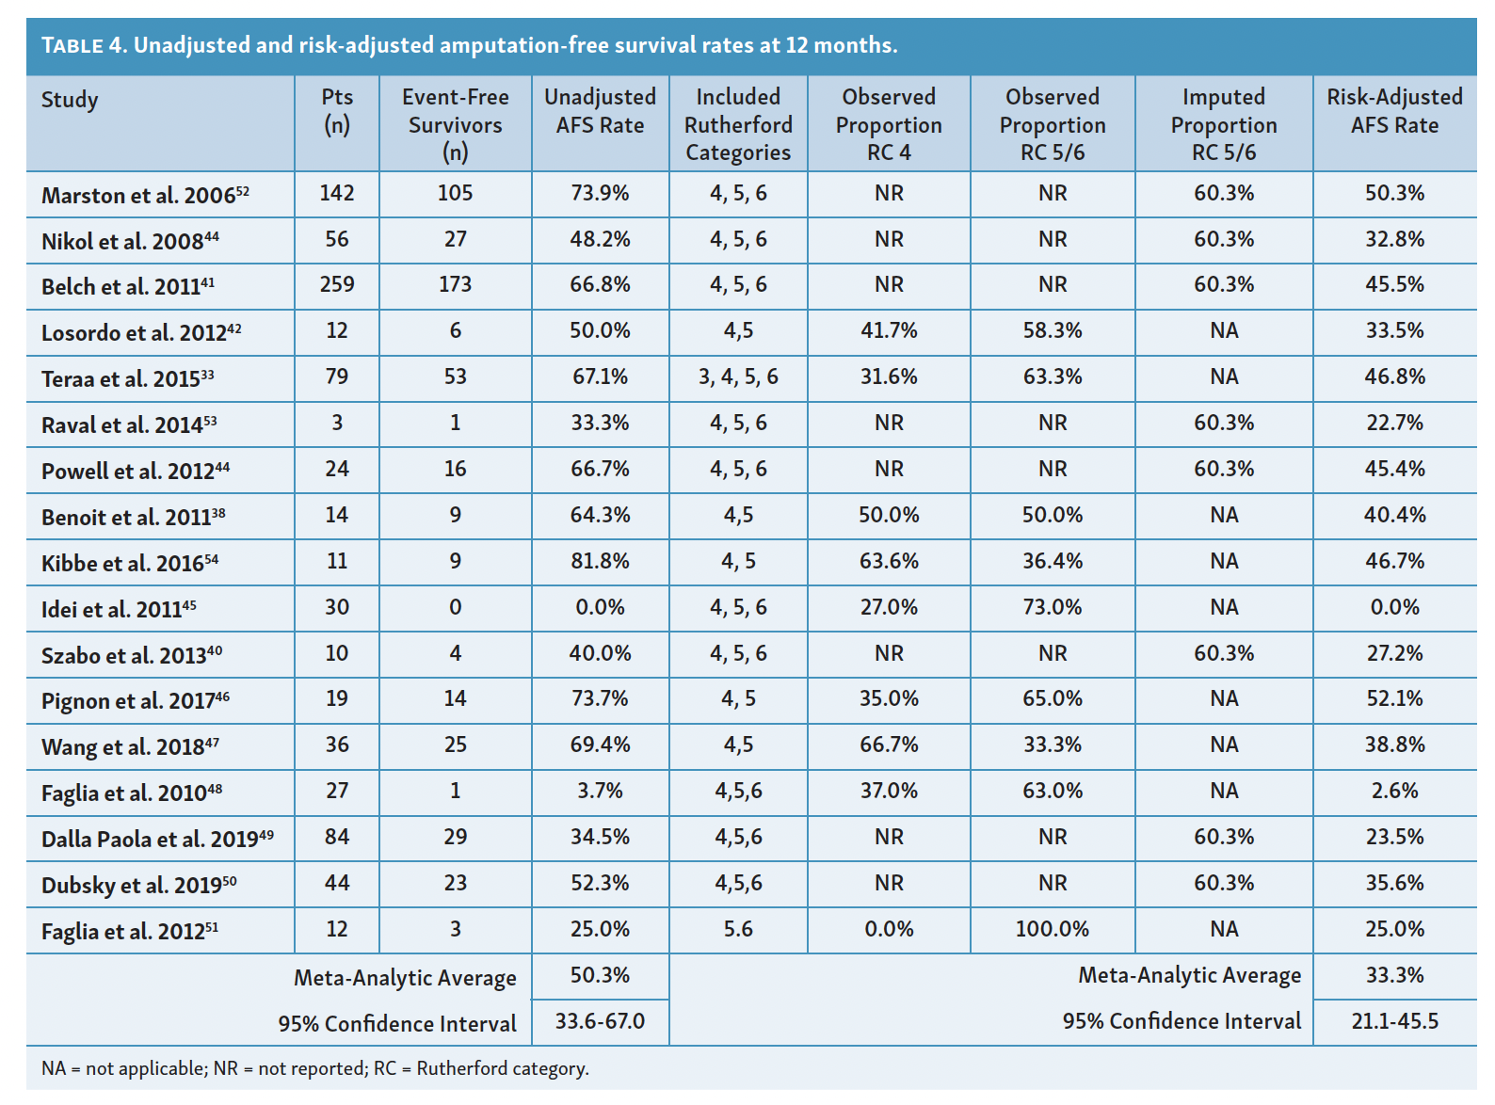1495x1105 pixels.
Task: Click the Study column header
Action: [70, 100]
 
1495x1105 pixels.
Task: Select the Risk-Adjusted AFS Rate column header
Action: [1394, 111]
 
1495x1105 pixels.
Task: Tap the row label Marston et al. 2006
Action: [145, 195]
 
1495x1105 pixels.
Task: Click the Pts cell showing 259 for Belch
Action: [337, 284]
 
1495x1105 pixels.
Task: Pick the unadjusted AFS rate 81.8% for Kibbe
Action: [600, 561]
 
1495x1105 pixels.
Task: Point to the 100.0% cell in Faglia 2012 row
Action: [1052, 929]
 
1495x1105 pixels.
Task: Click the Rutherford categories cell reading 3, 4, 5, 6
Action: [738, 376]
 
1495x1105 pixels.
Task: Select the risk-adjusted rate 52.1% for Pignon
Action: [1394, 698]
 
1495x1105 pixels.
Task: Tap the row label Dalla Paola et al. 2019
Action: [156, 839]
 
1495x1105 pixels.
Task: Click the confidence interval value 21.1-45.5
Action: [1394, 1021]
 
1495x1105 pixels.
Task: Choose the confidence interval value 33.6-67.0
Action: [600, 1021]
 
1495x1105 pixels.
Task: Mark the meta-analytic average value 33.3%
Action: [1394, 975]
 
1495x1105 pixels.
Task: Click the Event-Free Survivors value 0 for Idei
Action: [455, 607]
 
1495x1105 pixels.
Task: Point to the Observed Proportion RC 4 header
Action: [889, 124]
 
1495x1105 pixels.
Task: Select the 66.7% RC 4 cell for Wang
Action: [889, 745]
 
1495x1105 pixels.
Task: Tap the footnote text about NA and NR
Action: [314, 1068]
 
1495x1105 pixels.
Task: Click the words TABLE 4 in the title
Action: [83, 45]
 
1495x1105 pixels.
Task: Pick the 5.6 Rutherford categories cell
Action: [738, 929]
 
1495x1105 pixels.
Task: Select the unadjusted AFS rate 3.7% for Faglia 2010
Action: [600, 791]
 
